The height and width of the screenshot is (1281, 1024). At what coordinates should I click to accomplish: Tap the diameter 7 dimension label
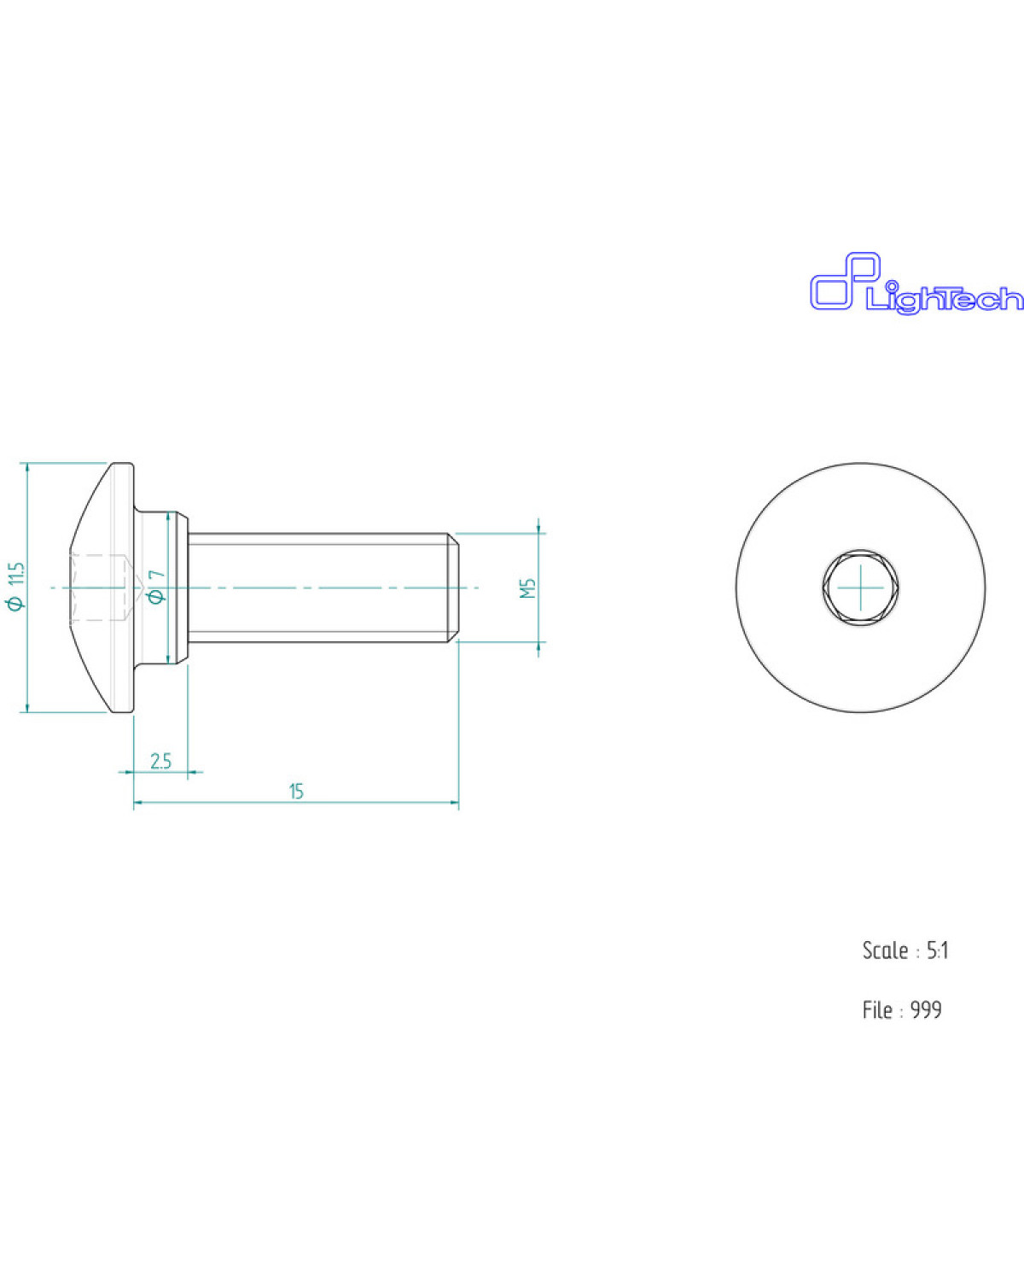158,587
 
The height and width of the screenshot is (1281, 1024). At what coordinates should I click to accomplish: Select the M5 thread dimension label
527,588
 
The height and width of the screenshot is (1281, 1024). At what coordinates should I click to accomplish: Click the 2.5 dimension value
160,761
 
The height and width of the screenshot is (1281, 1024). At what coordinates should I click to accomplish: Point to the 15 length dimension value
296,792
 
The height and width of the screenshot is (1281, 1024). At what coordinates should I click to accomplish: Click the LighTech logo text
945,299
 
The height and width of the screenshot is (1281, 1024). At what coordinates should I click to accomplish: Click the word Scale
885,951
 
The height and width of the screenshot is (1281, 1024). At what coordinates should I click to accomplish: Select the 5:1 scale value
937,951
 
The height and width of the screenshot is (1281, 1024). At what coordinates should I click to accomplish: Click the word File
877,1010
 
